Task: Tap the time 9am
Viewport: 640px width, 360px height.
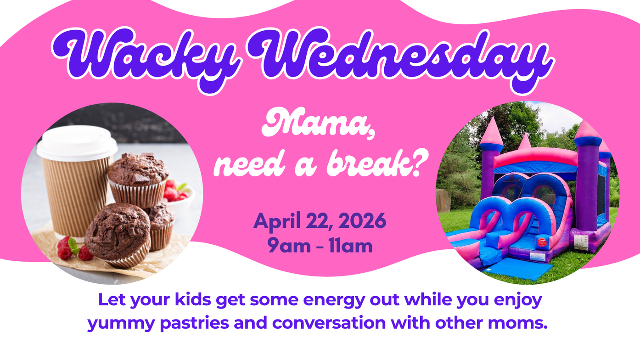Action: (x=289, y=246)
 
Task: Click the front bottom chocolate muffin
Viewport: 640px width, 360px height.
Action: (x=118, y=234)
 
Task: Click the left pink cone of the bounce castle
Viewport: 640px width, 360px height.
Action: (x=491, y=131)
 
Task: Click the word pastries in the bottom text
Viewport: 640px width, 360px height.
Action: (x=194, y=323)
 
